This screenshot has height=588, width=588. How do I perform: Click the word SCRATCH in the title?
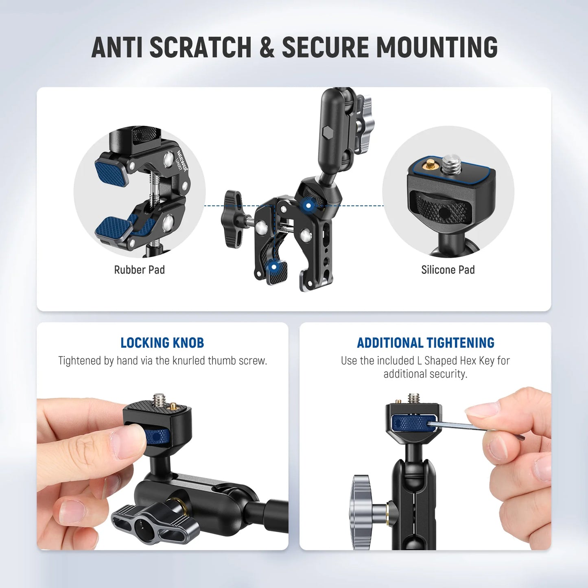click(x=200, y=47)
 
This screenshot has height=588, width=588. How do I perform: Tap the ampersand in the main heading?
click(x=267, y=47)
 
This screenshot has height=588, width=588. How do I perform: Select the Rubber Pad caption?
click(x=139, y=270)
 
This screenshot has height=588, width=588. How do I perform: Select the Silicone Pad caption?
click(x=448, y=270)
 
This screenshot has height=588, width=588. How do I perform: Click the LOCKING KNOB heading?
click(x=162, y=343)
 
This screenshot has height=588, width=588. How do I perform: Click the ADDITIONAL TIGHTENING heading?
click(x=425, y=343)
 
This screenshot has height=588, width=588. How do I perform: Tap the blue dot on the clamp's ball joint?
click(x=308, y=205)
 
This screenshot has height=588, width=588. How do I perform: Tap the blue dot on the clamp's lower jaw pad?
click(x=274, y=267)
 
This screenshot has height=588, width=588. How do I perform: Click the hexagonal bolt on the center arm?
click(x=326, y=133)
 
